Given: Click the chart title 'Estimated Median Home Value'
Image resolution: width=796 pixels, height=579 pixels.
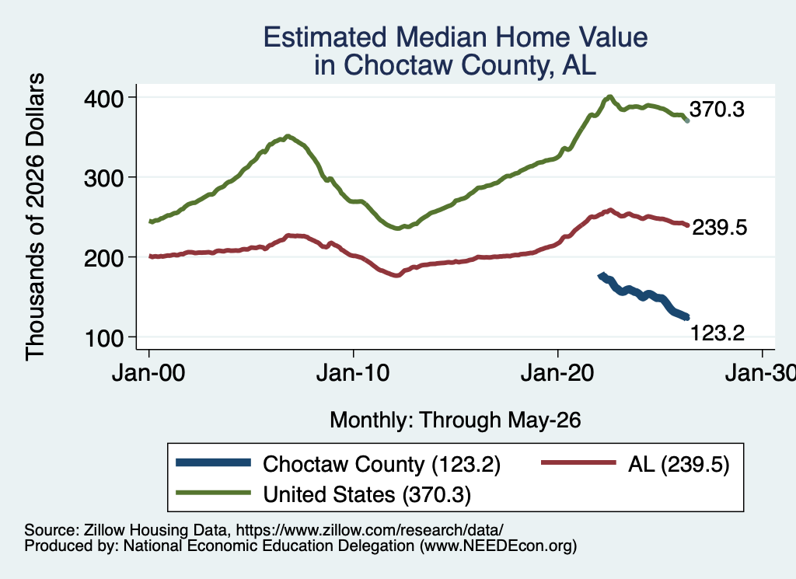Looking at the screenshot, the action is pyautogui.click(x=456, y=37).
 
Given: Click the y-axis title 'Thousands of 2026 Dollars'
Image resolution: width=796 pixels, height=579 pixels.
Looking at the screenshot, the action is pyautogui.click(x=35, y=217).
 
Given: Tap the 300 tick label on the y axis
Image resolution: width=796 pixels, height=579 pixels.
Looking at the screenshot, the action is pyautogui.click(x=103, y=178).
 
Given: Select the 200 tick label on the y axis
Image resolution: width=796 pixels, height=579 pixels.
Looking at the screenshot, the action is pyautogui.click(x=103, y=258).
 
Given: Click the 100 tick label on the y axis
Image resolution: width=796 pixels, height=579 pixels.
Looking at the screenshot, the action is pyautogui.click(x=103, y=338).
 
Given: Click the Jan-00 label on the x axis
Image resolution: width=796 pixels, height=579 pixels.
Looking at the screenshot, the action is pyautogui.click(x=148, y=373).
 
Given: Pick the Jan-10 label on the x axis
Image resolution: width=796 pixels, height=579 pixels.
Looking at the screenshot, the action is pyautogui.click(x=353, y=373).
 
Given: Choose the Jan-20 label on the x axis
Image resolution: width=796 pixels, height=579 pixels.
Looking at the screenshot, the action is pyautogui.click(x=557, y=373).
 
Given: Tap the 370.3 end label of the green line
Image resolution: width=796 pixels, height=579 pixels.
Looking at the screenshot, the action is pyautogui.click(x=717, y=109).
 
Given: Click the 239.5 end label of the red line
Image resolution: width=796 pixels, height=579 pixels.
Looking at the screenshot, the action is pyautogui.click(x=719, y=228).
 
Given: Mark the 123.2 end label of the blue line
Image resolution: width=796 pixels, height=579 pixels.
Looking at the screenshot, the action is pyautogui.click(x=717, y=333).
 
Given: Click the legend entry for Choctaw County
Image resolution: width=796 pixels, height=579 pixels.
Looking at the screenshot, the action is pyautogui.click(x=338, y=464).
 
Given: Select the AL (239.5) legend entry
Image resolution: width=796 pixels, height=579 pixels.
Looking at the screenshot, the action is pyautogui.click(x=635, y=464).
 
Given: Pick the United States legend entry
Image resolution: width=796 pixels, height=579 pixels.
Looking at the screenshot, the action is pyautogui.click(x=323, y=494).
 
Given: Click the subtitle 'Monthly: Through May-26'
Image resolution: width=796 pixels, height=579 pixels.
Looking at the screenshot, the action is pyautogui.click(x=456, y=420).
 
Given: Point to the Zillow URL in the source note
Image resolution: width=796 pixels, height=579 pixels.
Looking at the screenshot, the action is pyautogui.click(x=369, y=530).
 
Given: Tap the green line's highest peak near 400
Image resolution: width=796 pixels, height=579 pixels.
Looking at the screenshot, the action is pyautogui.click(x=609, y=96).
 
